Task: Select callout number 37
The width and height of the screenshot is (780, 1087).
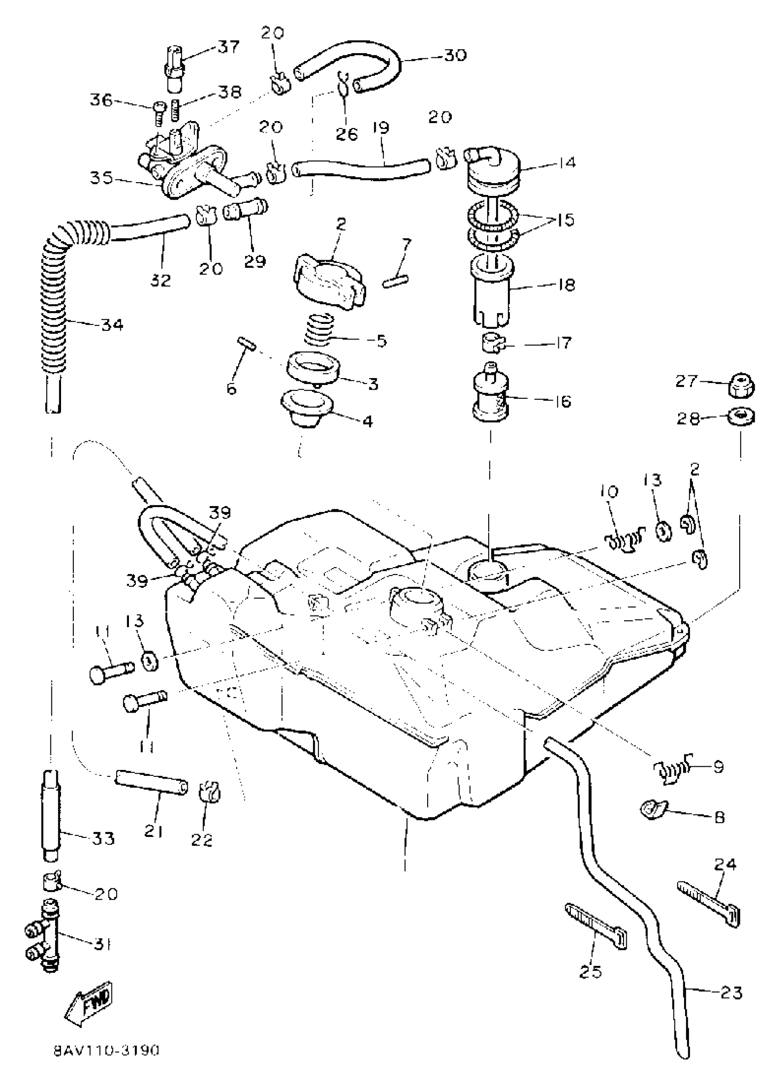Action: tap(228, 47)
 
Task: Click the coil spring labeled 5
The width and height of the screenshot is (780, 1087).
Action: tap(319, 329)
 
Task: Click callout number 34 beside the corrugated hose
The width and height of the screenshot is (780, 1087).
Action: tap(112, 325)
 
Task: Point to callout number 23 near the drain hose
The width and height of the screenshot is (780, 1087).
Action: tap(731, 992)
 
